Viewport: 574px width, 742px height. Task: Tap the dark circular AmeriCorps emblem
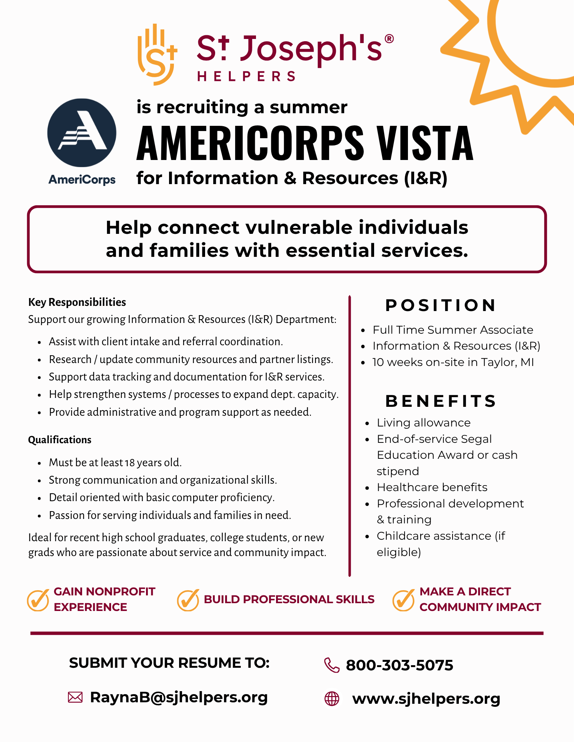pyautogui.click(x=82, y=133)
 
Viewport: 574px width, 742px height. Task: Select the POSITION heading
pyautogui.click(x=441, y=305)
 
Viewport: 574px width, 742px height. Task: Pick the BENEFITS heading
pyautogui.click(x=441, y=401)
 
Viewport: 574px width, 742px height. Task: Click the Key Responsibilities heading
pyautogui.click(x=77, y=302)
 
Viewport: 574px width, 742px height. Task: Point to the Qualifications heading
pyautogui.click(x=60, y=440)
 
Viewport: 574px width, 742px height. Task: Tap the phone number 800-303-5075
pyautogui.click(x=399, y=665)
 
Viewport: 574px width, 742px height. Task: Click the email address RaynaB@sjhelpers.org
pyautogui.click(x=179, y=697)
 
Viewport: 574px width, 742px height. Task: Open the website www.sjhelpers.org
pyautogui.click(x=426, y=699)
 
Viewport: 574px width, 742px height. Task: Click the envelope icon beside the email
pyautogui.click(x=75, y=697)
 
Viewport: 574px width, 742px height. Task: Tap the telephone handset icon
pyautogui.click(x=331, y=665)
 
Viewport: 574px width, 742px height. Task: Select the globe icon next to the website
pyautogui.click(x=332, y=699)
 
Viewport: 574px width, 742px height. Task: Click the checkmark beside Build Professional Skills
pyautogui.click(x=188, y=599)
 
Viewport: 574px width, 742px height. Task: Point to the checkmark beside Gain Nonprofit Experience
pyautogui.click(x=38, y=599)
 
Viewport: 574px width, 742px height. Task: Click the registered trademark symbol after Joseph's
pyautogui.click(x=389, y=39)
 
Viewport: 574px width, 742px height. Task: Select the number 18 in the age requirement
pyautogui.click(x=130, y=463)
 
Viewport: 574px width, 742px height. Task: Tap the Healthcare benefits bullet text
pyautogui.click(x=432, y=487)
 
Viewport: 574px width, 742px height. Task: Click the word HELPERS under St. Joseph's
pyautogui.click(x=246, y=76)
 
